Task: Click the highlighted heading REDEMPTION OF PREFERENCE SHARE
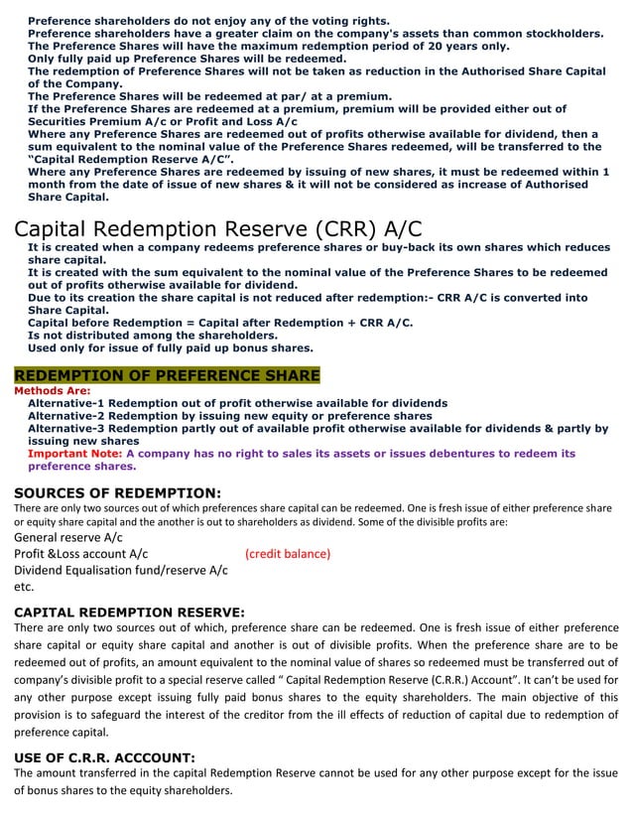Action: click(167, 375)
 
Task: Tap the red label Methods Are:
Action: click(54, 391)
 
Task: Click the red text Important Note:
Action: click(75, 454)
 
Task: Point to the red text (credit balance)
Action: click(288, 553)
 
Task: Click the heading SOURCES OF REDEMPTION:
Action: click(117, 491)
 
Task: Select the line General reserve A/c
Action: click(68, 537)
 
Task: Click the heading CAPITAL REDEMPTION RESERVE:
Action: click(129, 612)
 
